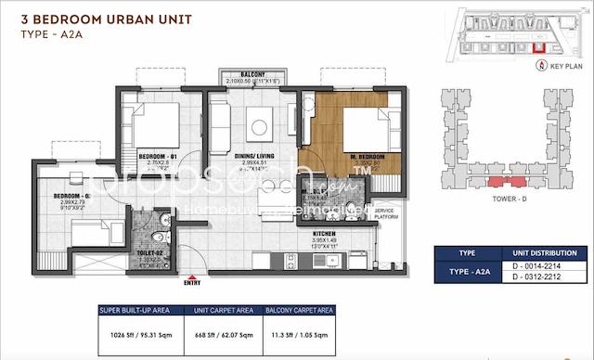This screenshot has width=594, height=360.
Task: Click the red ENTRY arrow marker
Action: click(192, 277)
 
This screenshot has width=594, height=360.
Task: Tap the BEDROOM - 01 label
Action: click(156, 155)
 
